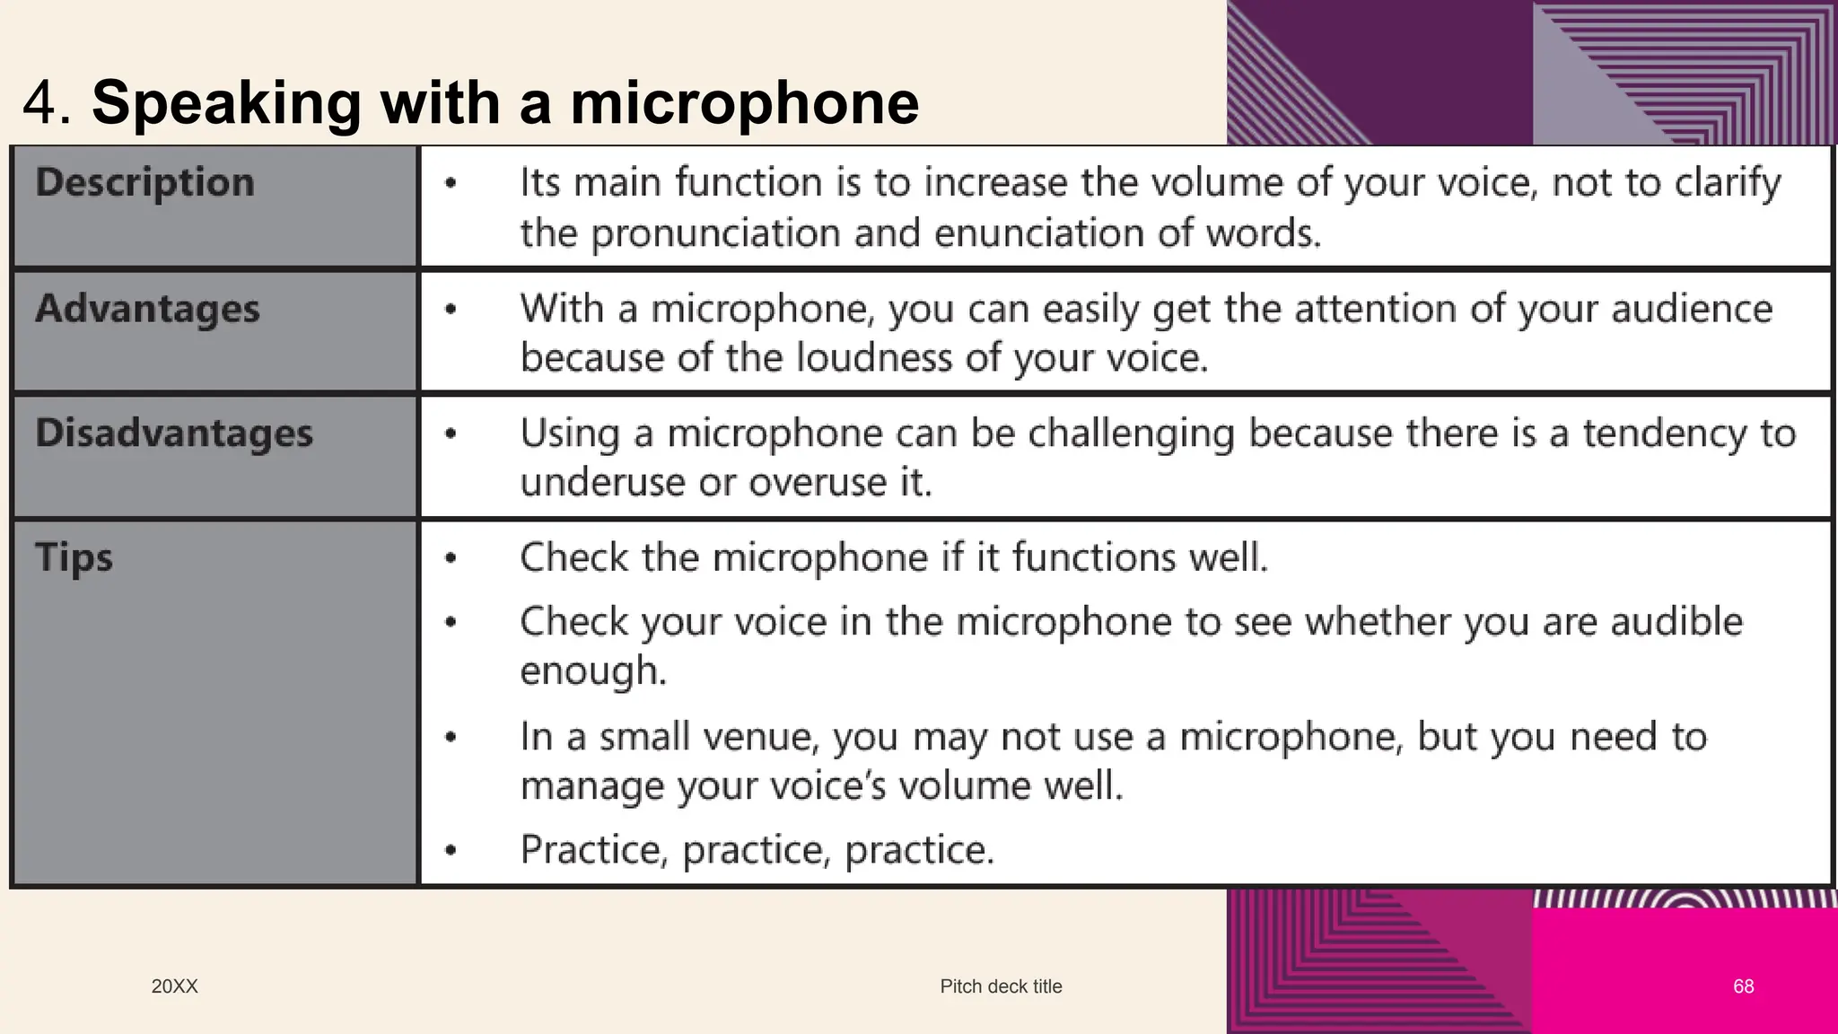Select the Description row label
pyautogui.click(x=145, y=182)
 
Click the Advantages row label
pyautogui.click(x=148, y=309)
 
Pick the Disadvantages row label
pyautogui.click(x=174, y=434)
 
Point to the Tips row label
pyautogui.click(x=74, y=557)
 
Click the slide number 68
pyautogui.click(x=1743, y=986)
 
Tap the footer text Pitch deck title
pyautogui.click(x=1001, y=986)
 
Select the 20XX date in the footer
pyautogui.click(x=174, y=986)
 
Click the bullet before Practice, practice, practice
pyautogui.click(x=451, y=850)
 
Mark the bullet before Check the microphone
pyautogui.click(x=451, y=559)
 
